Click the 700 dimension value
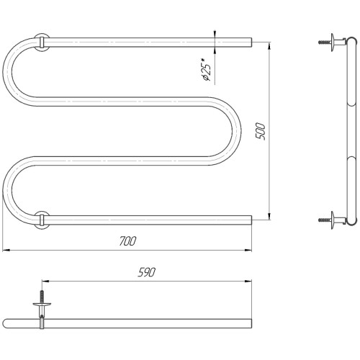127,241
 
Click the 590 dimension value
147,272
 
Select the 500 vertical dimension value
260,131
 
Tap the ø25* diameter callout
206,69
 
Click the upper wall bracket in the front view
42,42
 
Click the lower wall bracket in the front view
42,220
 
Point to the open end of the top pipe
251,42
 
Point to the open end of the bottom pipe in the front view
251,220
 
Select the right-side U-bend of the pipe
236,131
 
